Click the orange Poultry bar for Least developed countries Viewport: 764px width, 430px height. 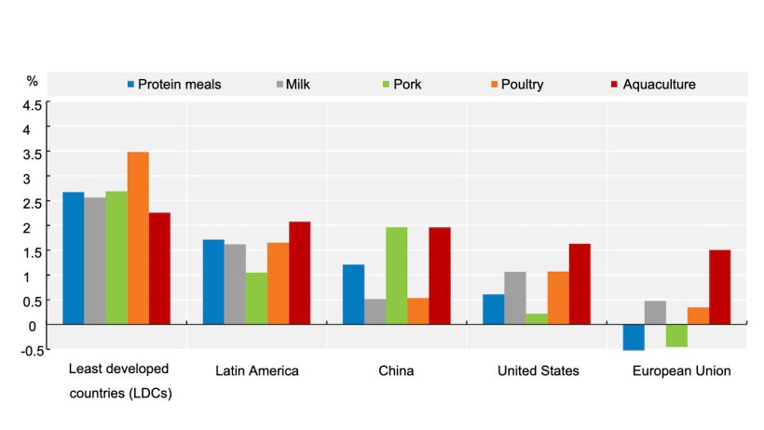(138, 237)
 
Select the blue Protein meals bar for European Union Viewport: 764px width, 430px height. (634, 337)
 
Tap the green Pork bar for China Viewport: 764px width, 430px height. (397, 275)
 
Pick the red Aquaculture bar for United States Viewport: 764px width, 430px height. (580, 284)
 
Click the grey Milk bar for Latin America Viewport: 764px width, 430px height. (235, 284)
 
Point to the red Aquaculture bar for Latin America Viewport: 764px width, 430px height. (299, 273)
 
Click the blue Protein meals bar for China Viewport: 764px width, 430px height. (353, 294)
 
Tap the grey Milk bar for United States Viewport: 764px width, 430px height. (514, 298)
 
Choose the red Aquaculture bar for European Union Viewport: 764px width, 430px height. (719, 287)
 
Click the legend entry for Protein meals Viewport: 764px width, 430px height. (174, 84)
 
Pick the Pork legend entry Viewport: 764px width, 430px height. (400, 84)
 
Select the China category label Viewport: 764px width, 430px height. (396, 370)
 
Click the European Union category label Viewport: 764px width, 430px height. (681, 370)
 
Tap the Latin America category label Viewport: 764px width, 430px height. (256, 370)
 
